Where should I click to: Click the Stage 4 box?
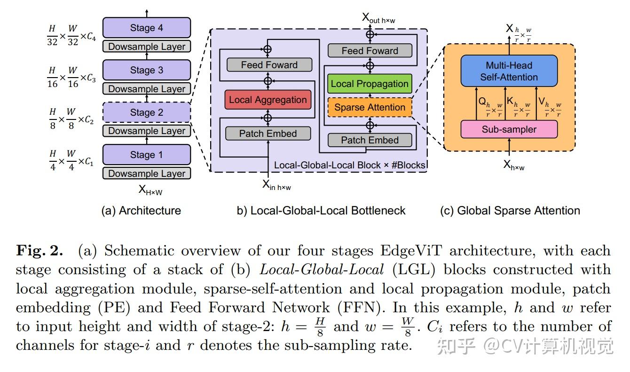tap(147, 28)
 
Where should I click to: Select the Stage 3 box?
tap(147, 70)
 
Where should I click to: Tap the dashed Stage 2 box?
tap(147, 112)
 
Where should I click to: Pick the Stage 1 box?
tap(147, 154)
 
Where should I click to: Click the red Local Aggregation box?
tap(268, 100)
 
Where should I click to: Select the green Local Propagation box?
tap(370, 84)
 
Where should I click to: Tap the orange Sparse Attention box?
tap(370, 107)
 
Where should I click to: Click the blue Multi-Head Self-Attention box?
tap(509, 71)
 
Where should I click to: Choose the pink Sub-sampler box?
tap(509, 129)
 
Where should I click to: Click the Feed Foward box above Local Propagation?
tap(370, 51)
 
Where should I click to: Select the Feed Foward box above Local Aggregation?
tap(269, 65)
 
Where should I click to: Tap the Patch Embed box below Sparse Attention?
tap(370, 140)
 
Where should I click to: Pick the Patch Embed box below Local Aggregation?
tap(268, 134)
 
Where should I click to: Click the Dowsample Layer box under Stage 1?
tap(147, 174)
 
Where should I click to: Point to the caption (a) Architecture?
tap(141, 211)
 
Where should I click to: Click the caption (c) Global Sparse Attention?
tap(510, 211)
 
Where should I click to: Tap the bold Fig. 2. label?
tap(39, 251)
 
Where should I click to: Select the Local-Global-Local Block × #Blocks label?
tap(350, 165)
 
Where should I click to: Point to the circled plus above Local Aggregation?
tap(268, 81)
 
